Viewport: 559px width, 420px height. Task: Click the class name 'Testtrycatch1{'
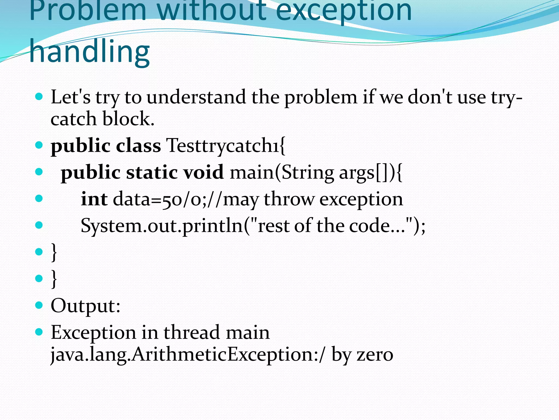226,145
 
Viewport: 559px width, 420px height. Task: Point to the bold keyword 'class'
138,145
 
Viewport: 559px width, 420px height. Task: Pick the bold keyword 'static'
152,172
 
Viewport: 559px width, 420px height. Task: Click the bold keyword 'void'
203,172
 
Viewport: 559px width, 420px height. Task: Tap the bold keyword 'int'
94,199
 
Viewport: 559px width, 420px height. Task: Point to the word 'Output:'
85,306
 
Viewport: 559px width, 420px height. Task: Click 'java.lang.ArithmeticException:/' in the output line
188,354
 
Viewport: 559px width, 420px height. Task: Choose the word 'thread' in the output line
192,332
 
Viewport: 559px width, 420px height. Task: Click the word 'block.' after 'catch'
129,119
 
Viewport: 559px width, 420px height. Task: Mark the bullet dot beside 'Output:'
39,305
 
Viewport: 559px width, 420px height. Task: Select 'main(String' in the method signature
282,172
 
